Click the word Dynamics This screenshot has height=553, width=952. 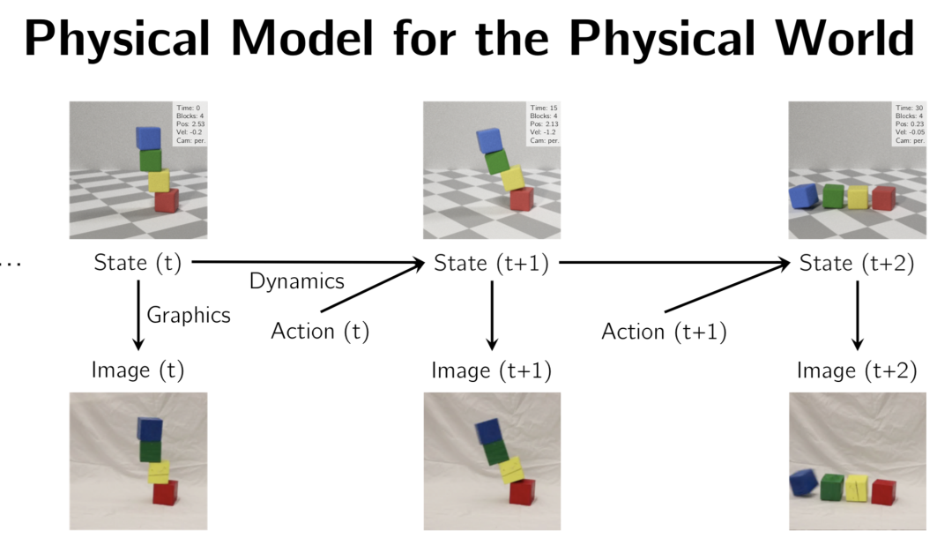coord(296,281)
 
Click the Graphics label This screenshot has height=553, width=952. coord(189,315)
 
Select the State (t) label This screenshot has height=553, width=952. coord(138,263)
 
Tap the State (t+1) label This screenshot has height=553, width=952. coord(491,263)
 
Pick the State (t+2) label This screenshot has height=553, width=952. coord(857,263)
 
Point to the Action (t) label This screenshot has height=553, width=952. coord(320,332)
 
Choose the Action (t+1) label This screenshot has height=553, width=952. coord(664,332)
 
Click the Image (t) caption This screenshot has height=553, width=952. coord(138,370)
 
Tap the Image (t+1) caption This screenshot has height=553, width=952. coord(491,370)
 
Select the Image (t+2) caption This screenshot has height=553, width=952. coord(857,370)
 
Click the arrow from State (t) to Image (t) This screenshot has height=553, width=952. coord(138,316)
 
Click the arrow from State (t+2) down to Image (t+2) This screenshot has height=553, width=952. coord(857,316)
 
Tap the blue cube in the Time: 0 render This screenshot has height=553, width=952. coord(149,138)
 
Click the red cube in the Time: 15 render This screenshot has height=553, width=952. coord(521,200)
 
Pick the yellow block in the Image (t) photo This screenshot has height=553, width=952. coord(159,472)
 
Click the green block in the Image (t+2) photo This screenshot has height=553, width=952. coord(831,487)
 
